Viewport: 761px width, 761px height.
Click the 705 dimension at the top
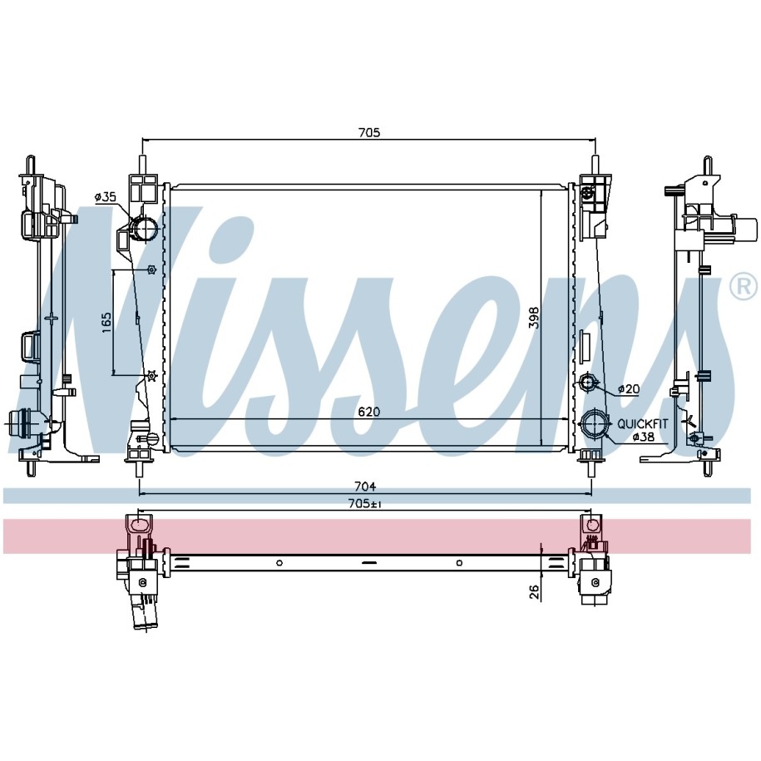click(x=368, y=132)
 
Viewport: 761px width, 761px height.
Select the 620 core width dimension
click(x=368, y=412)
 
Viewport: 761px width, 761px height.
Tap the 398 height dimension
click(x=533, y=317)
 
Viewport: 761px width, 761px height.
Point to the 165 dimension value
click(x=106, y=322)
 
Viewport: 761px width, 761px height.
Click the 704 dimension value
click(x=365, y=487)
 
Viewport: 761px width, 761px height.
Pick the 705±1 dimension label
click(x=365, y=504)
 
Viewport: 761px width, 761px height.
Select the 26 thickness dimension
click(x=533, y=591)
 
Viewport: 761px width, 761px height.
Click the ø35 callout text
click(x=106, y=196)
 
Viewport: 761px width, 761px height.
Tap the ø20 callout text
click(x=629, y=388)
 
